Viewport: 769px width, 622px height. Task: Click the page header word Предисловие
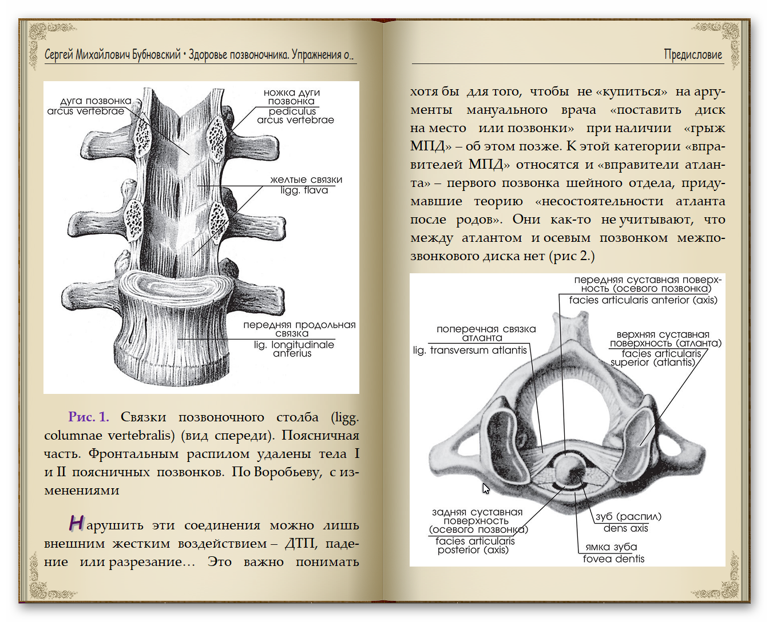[693, 55]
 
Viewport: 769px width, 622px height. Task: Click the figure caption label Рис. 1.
[88, 417]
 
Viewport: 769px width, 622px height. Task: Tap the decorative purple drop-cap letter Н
[76, 523]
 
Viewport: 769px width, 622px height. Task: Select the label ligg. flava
[304, 190]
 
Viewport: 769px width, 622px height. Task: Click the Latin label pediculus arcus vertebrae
[295, 116]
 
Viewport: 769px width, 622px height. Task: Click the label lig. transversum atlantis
[470, 350]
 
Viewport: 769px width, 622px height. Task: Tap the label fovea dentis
[613, 559]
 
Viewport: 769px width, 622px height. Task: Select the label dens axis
[625, 529]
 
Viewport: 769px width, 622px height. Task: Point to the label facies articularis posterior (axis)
[474, 545]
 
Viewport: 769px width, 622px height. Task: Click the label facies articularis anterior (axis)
[643, 300]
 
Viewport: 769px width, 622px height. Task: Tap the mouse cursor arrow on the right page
[486, 488]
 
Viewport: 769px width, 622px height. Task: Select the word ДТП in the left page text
[299, 544]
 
